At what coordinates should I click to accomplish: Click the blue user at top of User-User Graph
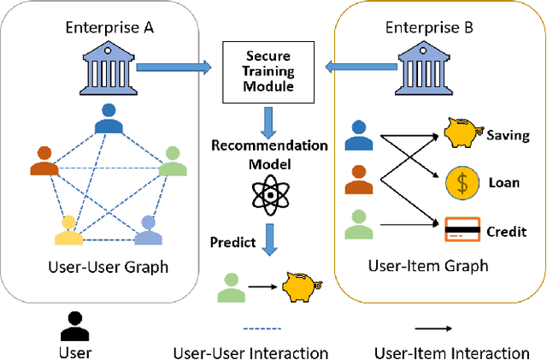[109, 121]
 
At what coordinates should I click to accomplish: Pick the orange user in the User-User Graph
[45, 161]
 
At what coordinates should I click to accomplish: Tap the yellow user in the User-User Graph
[69, 229]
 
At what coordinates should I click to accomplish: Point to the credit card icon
[461, 229]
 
